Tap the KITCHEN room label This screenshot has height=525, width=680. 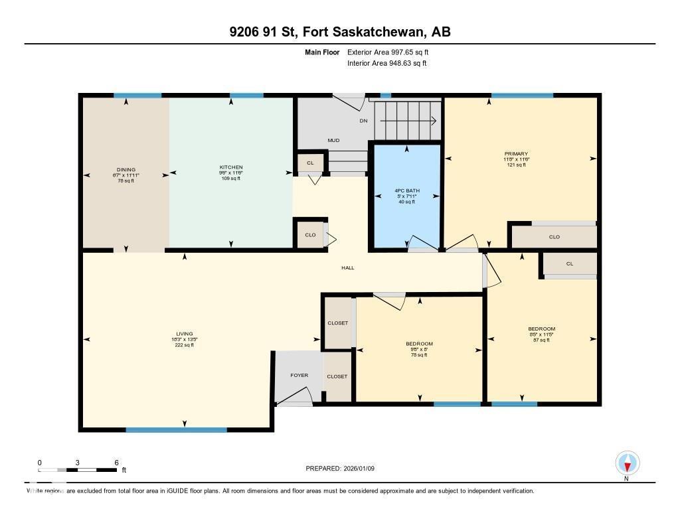[x=231, y=167]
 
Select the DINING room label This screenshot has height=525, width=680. [x=126, y=169]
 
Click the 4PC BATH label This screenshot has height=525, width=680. [x=406, y=190]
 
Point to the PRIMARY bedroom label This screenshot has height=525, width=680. [x=516, y=154]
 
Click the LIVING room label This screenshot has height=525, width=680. [x=184, y=334]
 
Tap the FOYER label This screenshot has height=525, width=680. [x=299, y=376]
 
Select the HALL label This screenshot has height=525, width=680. [x=348, y=268]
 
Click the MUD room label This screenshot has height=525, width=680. [x=334, y=140]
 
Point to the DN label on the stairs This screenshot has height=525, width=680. [x=363, y=121]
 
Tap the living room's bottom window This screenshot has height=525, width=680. [x=176, y=429]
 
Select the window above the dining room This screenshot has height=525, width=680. [x=137, y=96]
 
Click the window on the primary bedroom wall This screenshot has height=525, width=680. [x=522, y=96]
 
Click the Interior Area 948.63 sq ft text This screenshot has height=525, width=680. [x=386, y=64]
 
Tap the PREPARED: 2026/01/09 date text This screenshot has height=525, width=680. [x=341, y=468]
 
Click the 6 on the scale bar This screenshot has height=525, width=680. [x=116, y=463]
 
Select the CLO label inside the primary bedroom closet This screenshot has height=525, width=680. [x=554, y=237]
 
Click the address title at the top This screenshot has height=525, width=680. [x=340, y=32]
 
